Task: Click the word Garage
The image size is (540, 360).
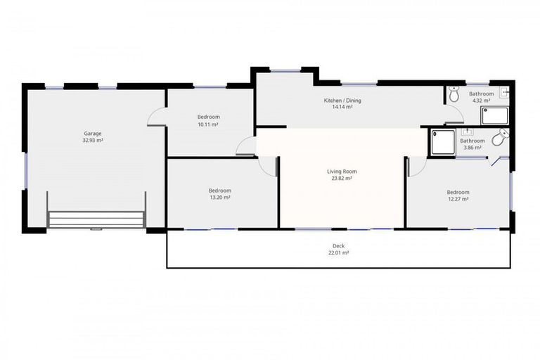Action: (94, 133)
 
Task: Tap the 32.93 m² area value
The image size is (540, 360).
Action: (94, 140)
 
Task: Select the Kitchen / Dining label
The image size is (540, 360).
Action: (342, 101)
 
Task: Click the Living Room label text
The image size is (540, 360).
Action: (342, 172)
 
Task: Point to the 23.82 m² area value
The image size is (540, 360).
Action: (342, 179)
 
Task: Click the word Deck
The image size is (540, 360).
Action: (339, 245)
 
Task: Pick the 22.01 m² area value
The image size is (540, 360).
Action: (339, 252)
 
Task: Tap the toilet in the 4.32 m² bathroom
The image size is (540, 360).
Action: (454, 93)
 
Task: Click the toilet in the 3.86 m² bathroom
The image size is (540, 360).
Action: (500, 139)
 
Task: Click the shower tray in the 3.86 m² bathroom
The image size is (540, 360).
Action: (443, 142)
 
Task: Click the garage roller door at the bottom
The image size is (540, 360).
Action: (96, 219)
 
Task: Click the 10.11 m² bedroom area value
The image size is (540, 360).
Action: (208, 124)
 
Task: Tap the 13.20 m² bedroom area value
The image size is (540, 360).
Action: (219, 198)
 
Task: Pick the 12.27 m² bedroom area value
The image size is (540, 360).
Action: (457, 199)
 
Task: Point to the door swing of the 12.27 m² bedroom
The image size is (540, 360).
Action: (416, 167)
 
